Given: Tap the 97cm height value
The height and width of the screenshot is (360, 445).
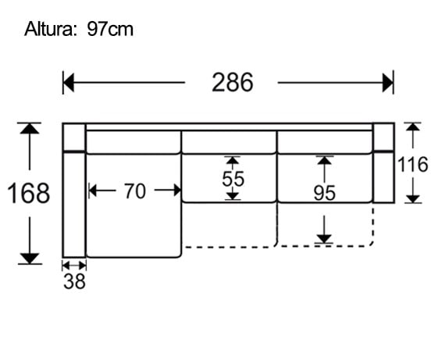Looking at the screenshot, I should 110,30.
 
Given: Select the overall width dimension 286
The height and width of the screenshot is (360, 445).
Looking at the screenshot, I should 232,82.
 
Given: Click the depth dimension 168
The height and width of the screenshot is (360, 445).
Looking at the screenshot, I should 29,193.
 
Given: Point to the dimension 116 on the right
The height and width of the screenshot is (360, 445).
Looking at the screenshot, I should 412,165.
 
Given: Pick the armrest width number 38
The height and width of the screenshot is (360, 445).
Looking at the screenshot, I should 74,282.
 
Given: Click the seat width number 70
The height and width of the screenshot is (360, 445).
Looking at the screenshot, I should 134,191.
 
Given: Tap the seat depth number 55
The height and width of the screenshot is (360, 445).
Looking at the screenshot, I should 233,179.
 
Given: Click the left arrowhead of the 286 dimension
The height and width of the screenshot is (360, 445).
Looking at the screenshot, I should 69,82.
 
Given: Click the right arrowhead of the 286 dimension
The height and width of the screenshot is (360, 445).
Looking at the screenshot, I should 388,82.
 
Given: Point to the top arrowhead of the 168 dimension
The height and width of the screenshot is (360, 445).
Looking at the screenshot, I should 30,128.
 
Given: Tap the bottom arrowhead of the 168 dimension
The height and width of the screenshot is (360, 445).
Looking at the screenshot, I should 30,258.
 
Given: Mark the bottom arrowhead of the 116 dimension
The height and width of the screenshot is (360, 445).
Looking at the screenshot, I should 412,198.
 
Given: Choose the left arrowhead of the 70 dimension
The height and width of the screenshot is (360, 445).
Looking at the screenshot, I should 94,190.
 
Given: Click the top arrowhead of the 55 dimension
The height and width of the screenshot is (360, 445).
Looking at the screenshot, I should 233,161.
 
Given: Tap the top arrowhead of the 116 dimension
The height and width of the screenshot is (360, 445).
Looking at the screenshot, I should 412,127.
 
